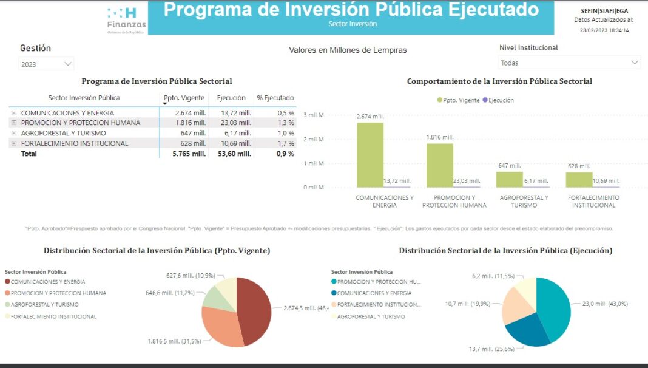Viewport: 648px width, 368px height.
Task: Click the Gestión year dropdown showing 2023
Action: [46, 64]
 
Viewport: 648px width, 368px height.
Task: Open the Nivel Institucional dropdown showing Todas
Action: [570, 63]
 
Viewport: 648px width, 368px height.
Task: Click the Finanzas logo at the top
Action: [126, 20]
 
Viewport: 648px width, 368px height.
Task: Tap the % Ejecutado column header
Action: [275, 98]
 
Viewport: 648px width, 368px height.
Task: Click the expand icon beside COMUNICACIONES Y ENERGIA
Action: [13, 113]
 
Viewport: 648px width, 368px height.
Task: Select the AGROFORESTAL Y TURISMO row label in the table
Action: [63, 133]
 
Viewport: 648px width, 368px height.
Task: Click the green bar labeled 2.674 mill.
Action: [370, 155]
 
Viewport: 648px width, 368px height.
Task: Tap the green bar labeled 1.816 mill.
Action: [440, 165]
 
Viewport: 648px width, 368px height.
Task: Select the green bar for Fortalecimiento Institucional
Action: [579, 180]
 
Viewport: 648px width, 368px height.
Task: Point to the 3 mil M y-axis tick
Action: [314, 115]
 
